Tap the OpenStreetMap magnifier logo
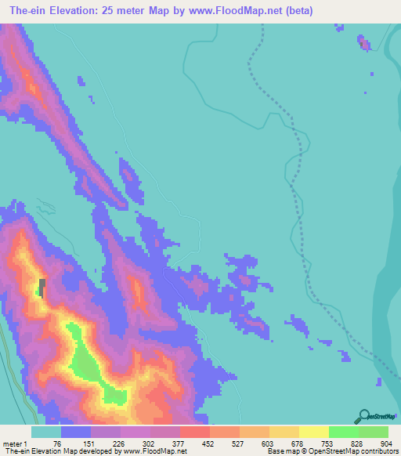(363, 417)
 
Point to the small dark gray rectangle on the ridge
(42, 287)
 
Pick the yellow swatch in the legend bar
(312, 432)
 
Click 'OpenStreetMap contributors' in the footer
(351, 452)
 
